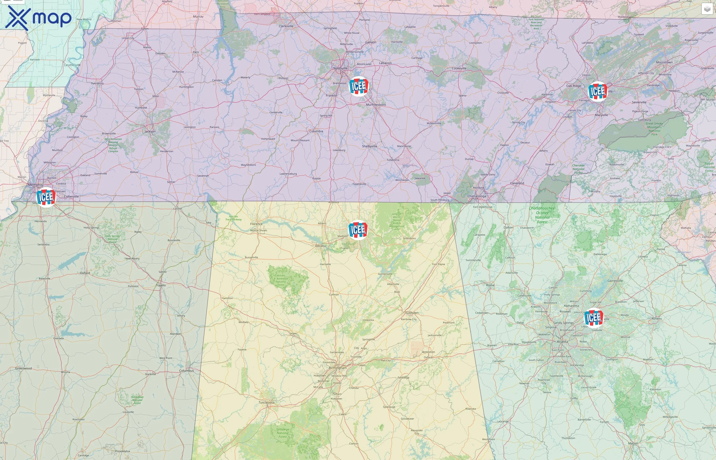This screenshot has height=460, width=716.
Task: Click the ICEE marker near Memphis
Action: point(46,197)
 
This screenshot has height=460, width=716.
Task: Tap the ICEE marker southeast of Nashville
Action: point(359,86)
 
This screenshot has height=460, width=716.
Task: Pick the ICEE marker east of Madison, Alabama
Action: point(358,230)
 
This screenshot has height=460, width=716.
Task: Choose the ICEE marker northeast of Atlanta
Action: point(593,317)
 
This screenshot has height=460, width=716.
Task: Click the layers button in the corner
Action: point(707,9)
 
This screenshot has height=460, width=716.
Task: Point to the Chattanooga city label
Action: point(477,196)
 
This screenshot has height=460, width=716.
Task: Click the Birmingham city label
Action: point(338,368)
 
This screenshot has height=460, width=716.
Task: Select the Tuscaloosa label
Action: point(266,402)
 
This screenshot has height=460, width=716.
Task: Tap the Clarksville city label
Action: point(286,26)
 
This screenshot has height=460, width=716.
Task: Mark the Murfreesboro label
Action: point(376,105)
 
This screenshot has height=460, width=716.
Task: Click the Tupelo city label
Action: point(161,285)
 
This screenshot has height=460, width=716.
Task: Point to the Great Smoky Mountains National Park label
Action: point(654,129)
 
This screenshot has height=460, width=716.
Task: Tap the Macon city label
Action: point(633,443)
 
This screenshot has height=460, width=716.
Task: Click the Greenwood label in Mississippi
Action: point(23,368)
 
